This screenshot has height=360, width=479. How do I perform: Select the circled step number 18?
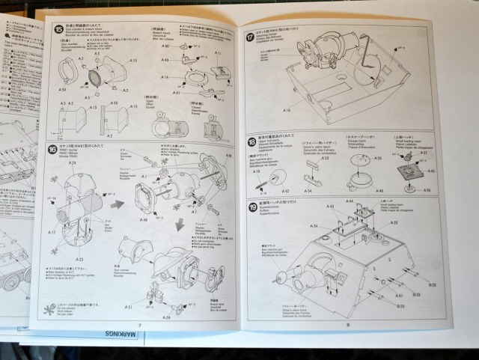[x=252, y=141]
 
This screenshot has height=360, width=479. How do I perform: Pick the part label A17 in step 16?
[x=53, y=233]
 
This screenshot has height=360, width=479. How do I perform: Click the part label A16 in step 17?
[x=287, y=109]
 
